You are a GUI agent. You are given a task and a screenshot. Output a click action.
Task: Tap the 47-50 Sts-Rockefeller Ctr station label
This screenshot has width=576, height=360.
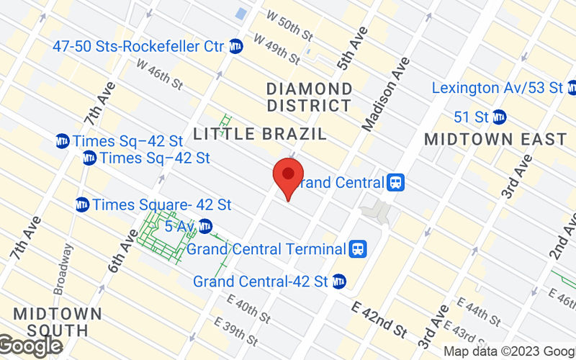click(x=138, y=46)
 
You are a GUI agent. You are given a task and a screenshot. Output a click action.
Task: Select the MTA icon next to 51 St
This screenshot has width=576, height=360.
click(x=500, y=117)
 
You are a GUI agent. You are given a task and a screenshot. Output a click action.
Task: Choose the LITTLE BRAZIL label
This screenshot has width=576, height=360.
click(x=260, y=134)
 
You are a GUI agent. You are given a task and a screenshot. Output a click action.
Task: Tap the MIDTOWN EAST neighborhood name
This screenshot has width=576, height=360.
click(x=495, y=139)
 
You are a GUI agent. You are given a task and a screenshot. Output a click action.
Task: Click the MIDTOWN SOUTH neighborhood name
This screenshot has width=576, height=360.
click(x=57, y=323)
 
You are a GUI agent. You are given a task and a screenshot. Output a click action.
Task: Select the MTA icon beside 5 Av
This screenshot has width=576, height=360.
click(x=206, y=226)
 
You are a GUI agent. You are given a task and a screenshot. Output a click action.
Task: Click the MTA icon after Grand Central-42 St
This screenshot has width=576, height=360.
click(x=339, y=281)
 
